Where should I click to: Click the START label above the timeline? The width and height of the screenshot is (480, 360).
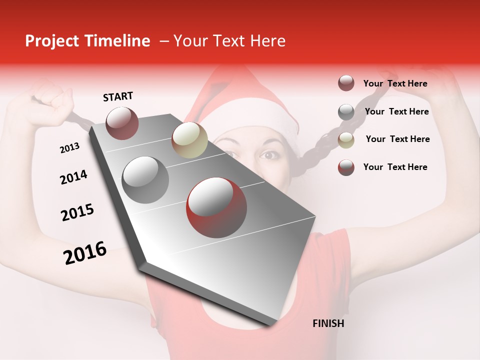point(118,96)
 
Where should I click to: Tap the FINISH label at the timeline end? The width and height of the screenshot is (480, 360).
point(328,323)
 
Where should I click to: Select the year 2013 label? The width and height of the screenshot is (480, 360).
point(69,148)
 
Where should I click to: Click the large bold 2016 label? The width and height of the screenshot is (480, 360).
point(85,253)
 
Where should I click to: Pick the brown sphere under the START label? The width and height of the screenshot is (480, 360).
point(122,123)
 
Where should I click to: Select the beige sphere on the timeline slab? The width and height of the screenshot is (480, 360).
point(189,140)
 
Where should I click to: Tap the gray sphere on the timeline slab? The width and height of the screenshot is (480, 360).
point(145,179)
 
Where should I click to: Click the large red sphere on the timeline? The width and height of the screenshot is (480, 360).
point(216,207)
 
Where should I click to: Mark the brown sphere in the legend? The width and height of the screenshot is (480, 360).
point(346,83)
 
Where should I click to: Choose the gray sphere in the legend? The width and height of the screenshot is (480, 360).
point(346,112)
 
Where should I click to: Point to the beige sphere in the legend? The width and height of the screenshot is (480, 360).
point(346,140)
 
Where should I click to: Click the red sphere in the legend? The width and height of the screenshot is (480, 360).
point(346,167)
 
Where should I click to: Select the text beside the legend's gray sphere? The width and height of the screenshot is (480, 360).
point(396,111)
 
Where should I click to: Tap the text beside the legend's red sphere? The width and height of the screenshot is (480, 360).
point(395,167)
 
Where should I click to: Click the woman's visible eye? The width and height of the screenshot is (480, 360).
point(270,155)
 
